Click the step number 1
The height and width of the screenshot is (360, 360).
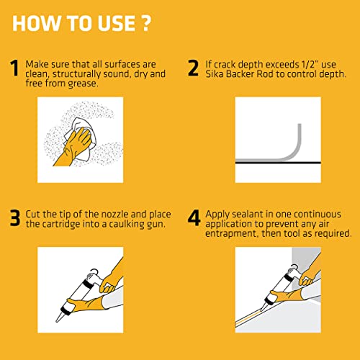click(x=13, y=69)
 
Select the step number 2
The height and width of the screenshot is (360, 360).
click(x=193, y=69)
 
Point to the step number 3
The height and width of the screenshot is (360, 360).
click(x=13, y=218)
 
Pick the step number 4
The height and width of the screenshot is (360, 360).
click(x=194, y=218)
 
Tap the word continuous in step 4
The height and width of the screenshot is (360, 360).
click(x=318, y=214)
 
